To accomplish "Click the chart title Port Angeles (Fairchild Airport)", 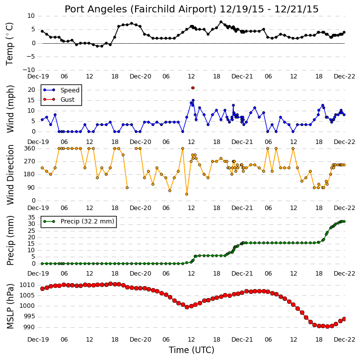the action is click(x=141, y=9).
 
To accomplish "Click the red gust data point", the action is click(x=193, y=88).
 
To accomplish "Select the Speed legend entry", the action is click(x=61, y=90).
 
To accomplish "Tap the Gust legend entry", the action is click(x=59, y=99).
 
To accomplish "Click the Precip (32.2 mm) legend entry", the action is click(x=78, y=221).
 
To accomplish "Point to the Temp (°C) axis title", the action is click(x=9, y=44).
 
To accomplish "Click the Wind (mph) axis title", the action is click(x=10, y=109).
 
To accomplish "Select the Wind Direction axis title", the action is click(x=10, y=174).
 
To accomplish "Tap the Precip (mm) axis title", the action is click(x=10, y=240).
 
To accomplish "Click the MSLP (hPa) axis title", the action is click(x=10, y=306).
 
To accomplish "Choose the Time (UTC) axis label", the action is click(x=192, y=350).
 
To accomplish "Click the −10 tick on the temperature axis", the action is click(x=28, y=70).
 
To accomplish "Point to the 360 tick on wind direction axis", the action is click(x=30, y=148).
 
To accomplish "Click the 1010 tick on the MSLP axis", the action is click(x=27, y=285).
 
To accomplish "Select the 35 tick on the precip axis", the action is click(x=31, y=217).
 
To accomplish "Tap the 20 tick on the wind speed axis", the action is click(x=31, y=90).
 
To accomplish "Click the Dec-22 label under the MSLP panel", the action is click(x=345, y=340).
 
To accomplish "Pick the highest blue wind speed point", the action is click(x=193, y=100).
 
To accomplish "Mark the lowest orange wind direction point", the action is click(x=187, y=194).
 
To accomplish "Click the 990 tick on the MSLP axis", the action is click(x=29, y=327).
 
